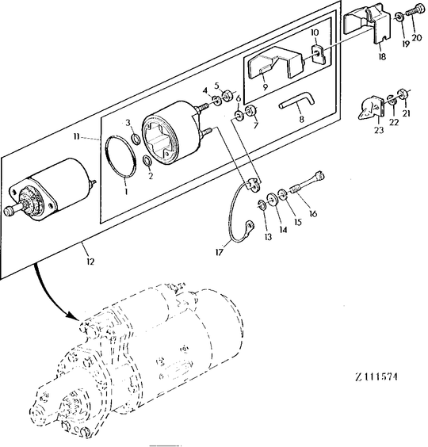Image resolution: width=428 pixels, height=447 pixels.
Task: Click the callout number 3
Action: [x=128, y=122]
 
